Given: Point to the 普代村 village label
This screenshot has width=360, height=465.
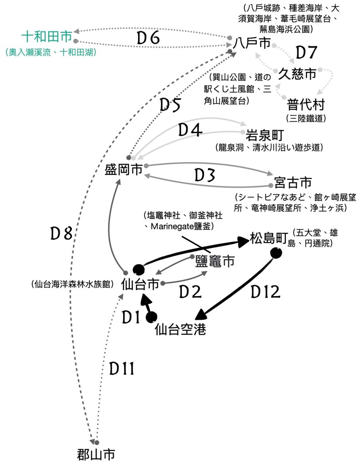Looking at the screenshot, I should pos(306,105).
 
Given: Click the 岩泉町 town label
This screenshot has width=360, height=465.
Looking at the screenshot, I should pos(265,135).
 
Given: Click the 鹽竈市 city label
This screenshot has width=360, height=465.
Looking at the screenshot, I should pos(215,261).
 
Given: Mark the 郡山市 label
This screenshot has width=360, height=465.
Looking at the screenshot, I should pos(96,454).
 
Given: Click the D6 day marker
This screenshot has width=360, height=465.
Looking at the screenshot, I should pos(148,39).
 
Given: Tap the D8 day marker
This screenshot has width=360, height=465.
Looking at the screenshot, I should pos(61,234).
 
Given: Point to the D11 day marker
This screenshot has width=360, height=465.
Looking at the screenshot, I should pos(121,369).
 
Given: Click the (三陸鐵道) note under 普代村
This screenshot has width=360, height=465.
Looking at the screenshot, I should pos(306,119).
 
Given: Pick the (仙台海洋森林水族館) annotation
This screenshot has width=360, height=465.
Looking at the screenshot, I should pos(72,285).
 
